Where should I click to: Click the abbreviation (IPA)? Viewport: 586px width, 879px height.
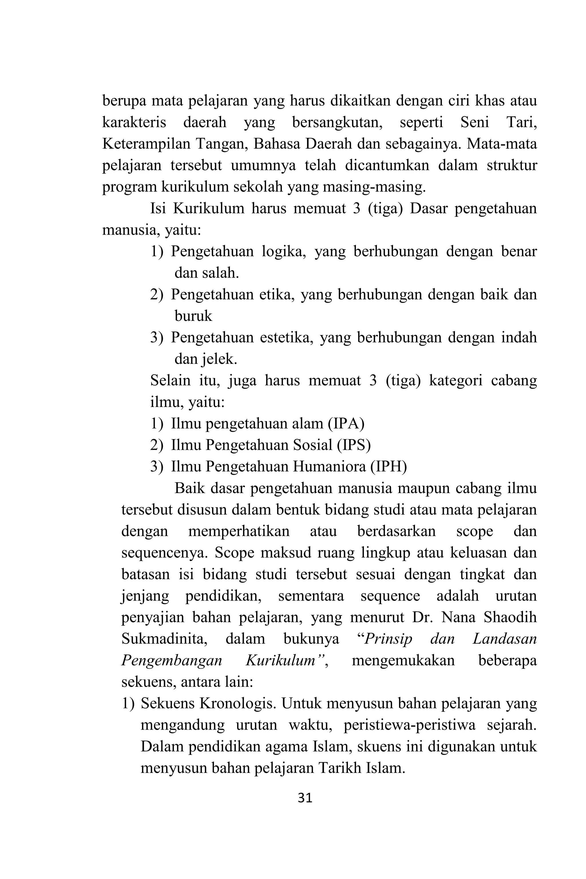point(346,424)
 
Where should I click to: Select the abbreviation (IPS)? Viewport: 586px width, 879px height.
point(353,445)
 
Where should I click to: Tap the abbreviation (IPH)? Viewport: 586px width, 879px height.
point(389,467)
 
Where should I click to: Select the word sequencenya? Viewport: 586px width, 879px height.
point(165,553)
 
